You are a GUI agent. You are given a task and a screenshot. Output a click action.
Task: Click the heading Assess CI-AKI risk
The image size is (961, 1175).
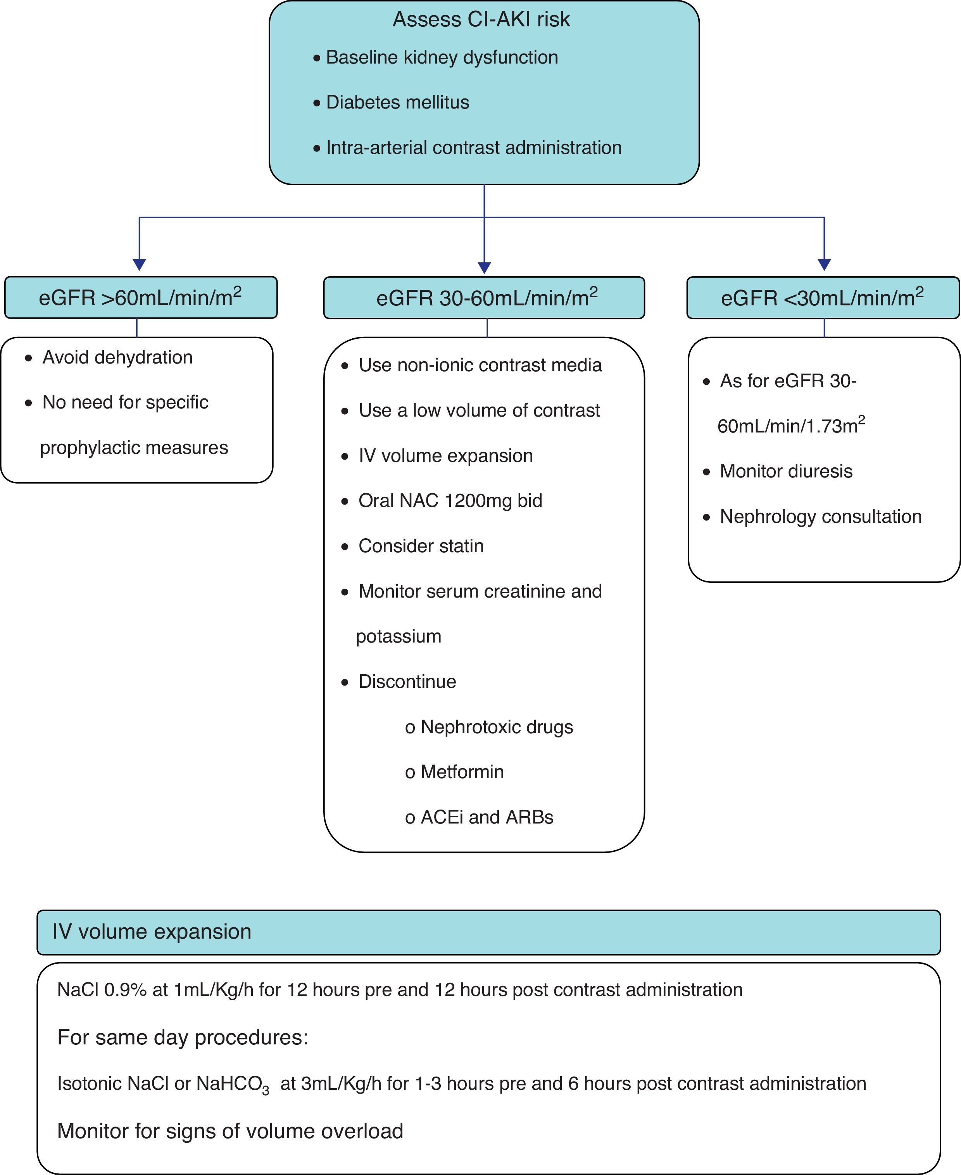coord(481,19)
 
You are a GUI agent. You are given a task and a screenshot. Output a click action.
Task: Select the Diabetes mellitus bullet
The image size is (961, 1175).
coord(397,102)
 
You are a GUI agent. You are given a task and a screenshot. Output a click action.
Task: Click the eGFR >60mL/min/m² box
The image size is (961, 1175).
coord(141,298)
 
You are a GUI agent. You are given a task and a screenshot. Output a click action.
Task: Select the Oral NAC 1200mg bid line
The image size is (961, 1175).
coord(450,501)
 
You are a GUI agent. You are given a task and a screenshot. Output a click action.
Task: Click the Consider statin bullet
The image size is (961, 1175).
coord(421,546)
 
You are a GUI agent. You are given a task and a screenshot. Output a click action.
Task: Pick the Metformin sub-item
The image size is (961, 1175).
coord(462,772)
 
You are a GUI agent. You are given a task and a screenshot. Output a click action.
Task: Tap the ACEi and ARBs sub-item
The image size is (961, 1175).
coord(487,817)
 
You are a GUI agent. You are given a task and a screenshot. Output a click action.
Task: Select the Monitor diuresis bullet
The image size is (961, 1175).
coord(785,472)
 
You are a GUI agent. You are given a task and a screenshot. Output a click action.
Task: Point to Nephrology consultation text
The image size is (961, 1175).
coord(820,517)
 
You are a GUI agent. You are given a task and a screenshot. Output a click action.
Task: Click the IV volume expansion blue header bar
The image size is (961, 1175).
coord(488,932)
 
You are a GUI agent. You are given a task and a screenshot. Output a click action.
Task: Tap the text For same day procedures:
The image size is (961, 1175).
coord(183,1037)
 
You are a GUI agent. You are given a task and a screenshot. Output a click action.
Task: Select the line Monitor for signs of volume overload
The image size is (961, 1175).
coord(230,1131)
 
